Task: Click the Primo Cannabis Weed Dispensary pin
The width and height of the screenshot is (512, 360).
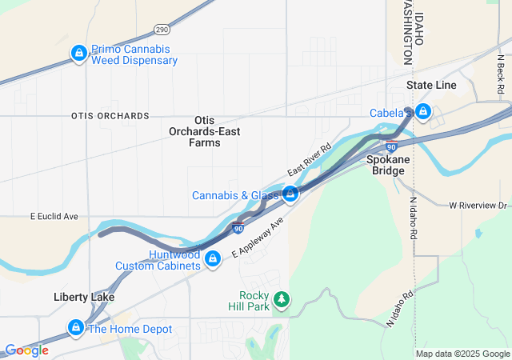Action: [x=78, y=54]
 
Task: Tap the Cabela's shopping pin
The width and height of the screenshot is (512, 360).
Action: [x=422, y=113]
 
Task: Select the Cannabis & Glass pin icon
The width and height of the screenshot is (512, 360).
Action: [x=290, y=194]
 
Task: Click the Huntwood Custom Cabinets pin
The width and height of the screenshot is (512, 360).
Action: [x=213, y=259]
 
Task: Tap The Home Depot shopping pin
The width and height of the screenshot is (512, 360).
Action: [x=76, y=328]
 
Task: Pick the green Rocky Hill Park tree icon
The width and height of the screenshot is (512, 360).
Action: [x=281, y=299]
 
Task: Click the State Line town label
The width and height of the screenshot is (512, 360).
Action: [x=430, y=85]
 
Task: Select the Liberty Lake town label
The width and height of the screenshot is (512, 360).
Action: [x=84, y=297]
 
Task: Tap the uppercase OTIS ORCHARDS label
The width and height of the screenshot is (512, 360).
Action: [x=110, y=116]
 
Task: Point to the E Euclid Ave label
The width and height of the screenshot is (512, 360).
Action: [x=54, y=216]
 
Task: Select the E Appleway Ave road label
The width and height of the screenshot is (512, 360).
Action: [x=258, y=237]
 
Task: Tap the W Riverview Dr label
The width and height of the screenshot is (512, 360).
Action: [x=478, y=206]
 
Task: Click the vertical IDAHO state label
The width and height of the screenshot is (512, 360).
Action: [x=418, y=28]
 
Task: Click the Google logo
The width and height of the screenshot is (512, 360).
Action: [x=26, y=350]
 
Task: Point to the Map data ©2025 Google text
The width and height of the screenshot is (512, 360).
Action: [x=462, y=354]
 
